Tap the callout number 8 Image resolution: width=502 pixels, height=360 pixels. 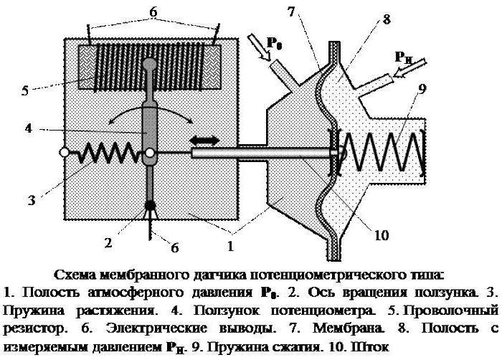point(387,19)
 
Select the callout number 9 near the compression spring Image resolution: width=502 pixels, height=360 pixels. point(422,90)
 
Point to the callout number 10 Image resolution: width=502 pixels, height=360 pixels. point(381,235)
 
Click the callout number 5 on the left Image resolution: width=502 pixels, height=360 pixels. point(25,90)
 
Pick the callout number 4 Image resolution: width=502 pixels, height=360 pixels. point(29,128)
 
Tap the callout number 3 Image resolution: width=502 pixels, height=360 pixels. point(31,201)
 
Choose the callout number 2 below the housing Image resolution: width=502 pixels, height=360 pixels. point(108,243)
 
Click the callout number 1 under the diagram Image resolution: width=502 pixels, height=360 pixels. point(230,246)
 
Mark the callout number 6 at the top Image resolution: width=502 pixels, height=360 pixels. point(153,12)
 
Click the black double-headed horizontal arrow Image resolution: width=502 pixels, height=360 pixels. point(204,141)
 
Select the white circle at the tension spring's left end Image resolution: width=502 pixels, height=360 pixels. point(64,153)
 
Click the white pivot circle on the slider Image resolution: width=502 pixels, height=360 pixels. point(149,153)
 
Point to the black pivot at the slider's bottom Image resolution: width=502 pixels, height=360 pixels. point(150,205)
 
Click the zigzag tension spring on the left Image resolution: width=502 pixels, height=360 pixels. point(108,153)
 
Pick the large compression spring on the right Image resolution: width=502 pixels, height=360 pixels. point(380,151)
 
